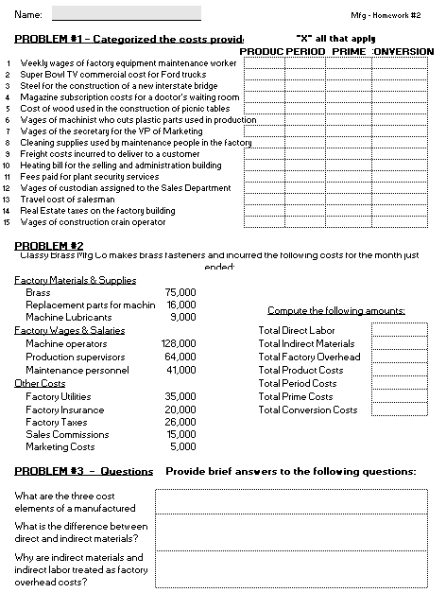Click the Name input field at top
coord(126,14)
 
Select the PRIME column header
coord(349,51)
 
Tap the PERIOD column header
coord(304,51)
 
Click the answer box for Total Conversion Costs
coord(399,410)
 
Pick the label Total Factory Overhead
coord(309,357)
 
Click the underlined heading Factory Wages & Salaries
coord(69,331)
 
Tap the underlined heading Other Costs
coord(40,383)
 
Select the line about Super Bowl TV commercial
coord(113,74)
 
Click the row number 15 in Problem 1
coord(8,222)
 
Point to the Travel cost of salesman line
coord(67,200)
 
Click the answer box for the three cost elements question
coord(293,501)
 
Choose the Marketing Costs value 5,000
coord(183,447)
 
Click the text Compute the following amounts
coord(335,311)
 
